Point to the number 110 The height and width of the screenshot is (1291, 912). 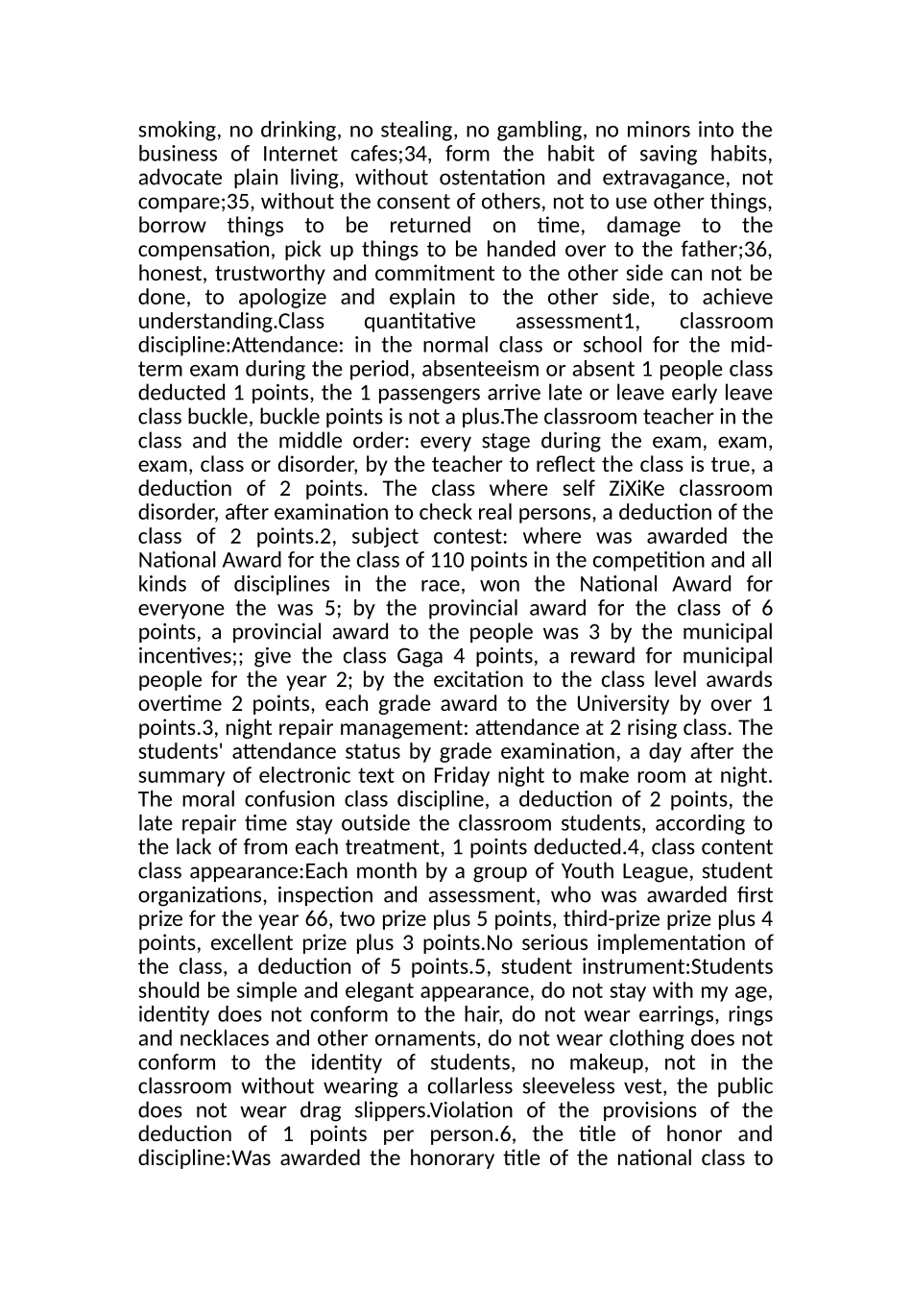450,561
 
